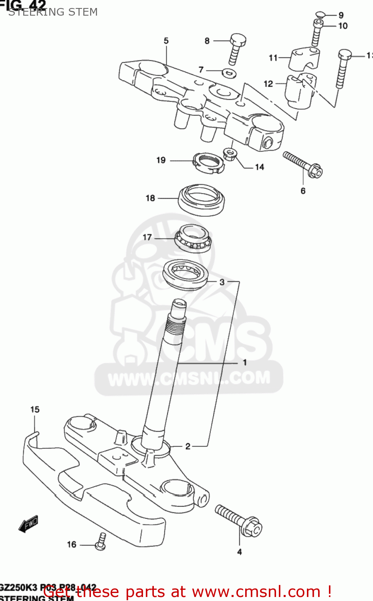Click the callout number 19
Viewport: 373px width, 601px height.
point(161,160)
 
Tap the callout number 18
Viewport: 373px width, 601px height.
point(150,198)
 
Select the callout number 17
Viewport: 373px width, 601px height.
point(147,237)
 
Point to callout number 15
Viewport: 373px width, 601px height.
point(35,409)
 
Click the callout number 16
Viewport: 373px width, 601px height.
point(72,544)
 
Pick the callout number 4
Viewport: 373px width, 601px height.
point(240,552)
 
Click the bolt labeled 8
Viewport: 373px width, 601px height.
point(236,48)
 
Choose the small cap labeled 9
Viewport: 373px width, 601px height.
point(319,15)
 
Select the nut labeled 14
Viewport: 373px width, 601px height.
point(229,154)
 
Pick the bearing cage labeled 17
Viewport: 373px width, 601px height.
point(193,238)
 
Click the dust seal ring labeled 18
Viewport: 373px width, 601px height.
point(201,199)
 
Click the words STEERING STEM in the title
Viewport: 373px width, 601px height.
point(53,12)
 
